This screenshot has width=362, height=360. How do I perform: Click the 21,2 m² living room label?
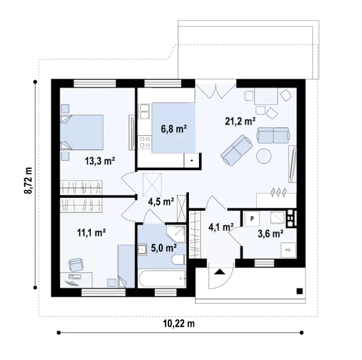pyautogui.click(x=241, y=121)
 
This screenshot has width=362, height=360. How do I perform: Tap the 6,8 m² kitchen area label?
pyautogui.click(x=174, y=129)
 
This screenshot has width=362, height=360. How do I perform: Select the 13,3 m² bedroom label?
pyautogui.click(x=100, y=161)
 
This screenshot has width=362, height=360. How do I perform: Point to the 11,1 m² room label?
pyautogui.click(x=92, y=233)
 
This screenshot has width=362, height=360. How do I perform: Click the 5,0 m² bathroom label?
pyautogui.click(x=164, y=248)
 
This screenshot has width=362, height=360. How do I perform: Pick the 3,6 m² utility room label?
pyautogui.click(x=270, y=234)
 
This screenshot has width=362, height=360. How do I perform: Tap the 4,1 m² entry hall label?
pyautogui.click(x=221, y=227)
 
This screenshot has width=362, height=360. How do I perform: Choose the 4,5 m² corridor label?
pyautogui.click(x=161, y=202)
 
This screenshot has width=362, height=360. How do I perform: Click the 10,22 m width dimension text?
pyautogui.click(x=179, y=324)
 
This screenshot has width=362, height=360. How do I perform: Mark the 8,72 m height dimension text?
pyautogui.click(x=28, y=180)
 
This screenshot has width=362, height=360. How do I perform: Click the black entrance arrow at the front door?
pyautogui.click(x=219, y=272)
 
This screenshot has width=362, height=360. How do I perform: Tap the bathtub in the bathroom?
pyautogui.click(x=162, y=278)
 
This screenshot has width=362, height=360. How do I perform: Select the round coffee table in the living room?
pyautogui.click(x=264, y=156)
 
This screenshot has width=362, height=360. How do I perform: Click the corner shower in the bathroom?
pyautogui.click(x=176, y=234)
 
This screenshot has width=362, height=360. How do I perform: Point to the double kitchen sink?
pyautogui.click(x=144, y=111)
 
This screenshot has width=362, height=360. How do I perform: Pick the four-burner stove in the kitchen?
pyautogui.click(x=145, y=142)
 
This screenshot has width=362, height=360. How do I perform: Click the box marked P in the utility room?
pyautogui.click(x=252, y=218)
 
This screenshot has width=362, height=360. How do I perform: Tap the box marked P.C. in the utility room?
pyautogui.click(x=288, y=250)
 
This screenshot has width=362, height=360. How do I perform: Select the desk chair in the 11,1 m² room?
pyautogui.click(x=76, y=264)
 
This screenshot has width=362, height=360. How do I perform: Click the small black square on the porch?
pyautogui.click(x=299, y=291)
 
